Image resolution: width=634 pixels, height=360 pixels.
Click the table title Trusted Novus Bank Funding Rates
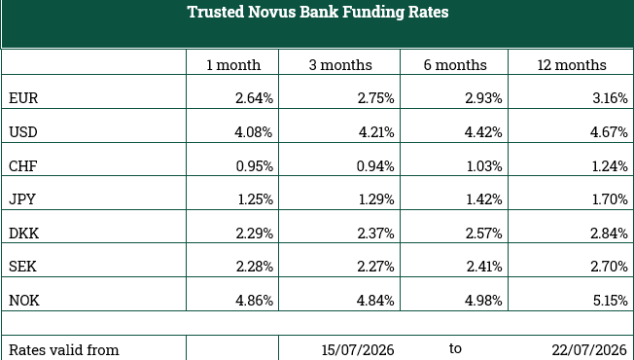[x=318, y=12]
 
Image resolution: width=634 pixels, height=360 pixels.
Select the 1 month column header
[x=233, y=65]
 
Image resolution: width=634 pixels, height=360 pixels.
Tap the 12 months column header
[x=572, y=65]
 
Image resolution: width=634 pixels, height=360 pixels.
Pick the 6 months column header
[x=455, y=65]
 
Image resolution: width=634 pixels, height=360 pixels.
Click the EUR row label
[x=23, y=98]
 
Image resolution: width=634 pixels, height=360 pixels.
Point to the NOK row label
[x=24, y=301]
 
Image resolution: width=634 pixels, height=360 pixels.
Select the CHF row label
[x=23, y=165]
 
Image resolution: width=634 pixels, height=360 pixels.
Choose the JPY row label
[x=22, y=199]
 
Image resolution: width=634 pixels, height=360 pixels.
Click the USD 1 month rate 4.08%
[x=254, y=132]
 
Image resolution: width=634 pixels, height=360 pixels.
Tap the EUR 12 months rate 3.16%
[x=610, y=98]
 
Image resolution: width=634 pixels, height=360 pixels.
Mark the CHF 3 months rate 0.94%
[x=375, y=165]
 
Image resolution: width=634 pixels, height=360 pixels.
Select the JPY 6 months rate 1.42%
[x=484, y=199]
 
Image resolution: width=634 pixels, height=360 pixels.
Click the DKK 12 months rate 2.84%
[x=610, y=234]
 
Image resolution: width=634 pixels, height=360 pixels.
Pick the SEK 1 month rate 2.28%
[x=255, y=267]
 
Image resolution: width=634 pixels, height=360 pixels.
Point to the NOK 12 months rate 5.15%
[x=610, y=301]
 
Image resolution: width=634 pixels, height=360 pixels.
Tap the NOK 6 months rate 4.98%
[x=483, y=301]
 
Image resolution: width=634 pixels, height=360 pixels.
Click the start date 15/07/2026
[x=358, y=350]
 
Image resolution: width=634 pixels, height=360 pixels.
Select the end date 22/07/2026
[x=589, y=350]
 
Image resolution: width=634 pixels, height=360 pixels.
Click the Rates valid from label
[x=64, y=350]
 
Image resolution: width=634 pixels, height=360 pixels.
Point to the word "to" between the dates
[x=455, y=348]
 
